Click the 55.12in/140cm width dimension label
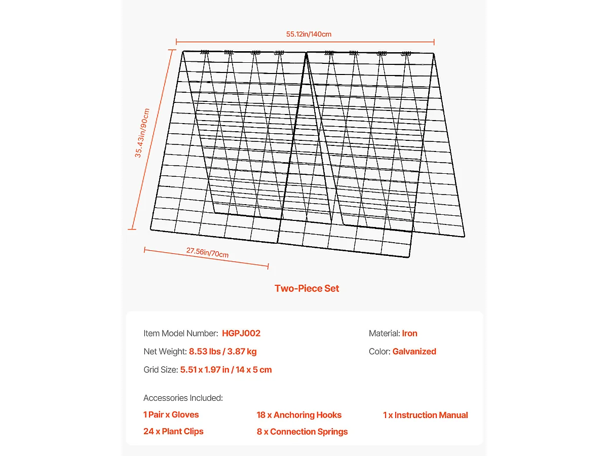click(x=309, y=34)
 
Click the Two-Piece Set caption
click(x=307, y=288)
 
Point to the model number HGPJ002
click(x=241, y=333)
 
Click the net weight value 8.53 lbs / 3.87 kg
click(x=222, y=352)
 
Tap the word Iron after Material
click(x=409, y=333)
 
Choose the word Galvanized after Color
click(x=414, y=352)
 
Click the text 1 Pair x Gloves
click(x=171, y=415)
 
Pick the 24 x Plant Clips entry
click(x=173, y=432)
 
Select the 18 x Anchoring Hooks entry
click(x=299, y=415)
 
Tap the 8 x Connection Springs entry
click(x=302, y=432)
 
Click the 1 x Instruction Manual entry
click(x=425, y=415)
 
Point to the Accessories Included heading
click(x=183, y=398)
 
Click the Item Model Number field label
click(x=181, y=333)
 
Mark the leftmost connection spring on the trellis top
click(x=205, y=52)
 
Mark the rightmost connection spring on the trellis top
click(x=406, y=53)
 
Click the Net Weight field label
click(x=165, y=352)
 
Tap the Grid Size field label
click(x=161, y=370)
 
